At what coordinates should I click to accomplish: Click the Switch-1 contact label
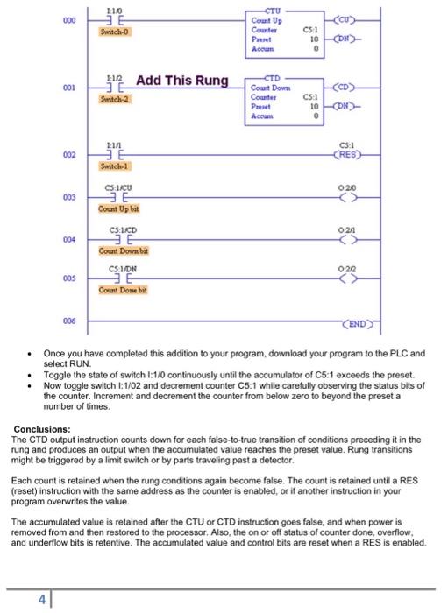coord(116,166)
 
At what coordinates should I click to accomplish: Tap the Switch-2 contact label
coord(116,99)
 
